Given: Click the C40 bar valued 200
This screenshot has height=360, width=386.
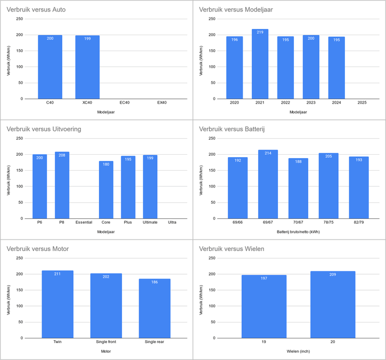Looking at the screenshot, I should [x=50, y=67].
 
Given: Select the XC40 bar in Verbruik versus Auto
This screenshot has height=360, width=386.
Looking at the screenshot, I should [x=87, y=67].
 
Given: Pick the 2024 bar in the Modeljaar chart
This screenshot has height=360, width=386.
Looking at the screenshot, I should [x=336, y=68].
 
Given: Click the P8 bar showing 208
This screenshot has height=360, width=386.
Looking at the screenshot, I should [x=62, y=186].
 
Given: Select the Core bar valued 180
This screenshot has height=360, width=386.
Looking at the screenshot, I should [x=106, y=190].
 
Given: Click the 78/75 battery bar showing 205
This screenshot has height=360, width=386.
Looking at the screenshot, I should [x=329, y=186].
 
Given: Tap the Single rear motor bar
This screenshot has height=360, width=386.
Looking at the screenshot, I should [x=154, y=308].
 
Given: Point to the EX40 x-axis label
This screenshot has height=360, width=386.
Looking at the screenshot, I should [x=162, y=103].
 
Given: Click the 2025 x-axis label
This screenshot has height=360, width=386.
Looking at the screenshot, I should [x=362, y=103].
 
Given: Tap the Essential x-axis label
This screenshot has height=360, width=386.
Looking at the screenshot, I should [x=84, y=222].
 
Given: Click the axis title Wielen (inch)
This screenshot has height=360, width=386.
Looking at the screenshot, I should [x=298, y=351].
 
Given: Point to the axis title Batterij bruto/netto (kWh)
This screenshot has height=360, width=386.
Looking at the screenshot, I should [x=298, y=232].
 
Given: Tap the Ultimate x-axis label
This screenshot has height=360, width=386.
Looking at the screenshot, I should [x=150, y=222].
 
